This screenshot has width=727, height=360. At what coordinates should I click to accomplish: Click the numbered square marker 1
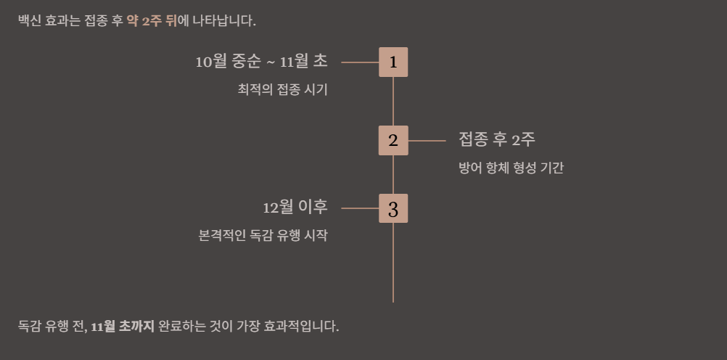click(393, 62)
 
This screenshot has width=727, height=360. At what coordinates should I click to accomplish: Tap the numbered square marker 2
click(393, 141)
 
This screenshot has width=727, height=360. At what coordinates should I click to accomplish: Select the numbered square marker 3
click(393, 209)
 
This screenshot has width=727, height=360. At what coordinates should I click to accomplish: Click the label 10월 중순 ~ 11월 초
click(261, 62)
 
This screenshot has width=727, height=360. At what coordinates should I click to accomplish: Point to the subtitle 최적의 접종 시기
click(283, 90)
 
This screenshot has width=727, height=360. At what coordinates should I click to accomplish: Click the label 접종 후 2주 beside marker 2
click(497, 139)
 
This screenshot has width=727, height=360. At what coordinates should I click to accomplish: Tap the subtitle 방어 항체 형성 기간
click(512, 168)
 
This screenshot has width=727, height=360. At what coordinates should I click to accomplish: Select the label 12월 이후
click(295, 208)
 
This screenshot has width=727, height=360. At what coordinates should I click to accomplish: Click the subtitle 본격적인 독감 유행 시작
click(263, 236)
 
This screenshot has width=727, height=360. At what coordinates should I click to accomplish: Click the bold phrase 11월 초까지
click(123, 326)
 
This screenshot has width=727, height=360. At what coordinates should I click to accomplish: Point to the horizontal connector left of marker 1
click(360, 62)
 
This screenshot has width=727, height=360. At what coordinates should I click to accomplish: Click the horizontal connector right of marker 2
click(427, 141)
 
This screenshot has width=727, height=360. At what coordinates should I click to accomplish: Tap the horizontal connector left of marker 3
click(360, 209)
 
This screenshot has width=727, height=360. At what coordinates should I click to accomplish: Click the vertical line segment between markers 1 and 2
click(393, 102)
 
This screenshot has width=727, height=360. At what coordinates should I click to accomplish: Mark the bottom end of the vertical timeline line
click(393, 300)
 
